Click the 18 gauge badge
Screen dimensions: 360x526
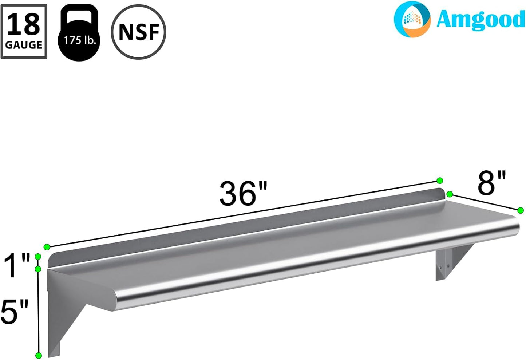click(x=24, y=31)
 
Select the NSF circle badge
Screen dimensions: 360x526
click(x=139, y=32)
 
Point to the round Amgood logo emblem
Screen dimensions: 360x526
click(x=412, y=19)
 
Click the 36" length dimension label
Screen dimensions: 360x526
click(x=243, y=193)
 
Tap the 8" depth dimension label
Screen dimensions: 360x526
click(x=491, y=183)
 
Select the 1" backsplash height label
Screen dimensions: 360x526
click(x=17, y=266)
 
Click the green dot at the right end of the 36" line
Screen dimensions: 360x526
click(x=439, y=181)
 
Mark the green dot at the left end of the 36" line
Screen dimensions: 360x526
click(x=47, y=247)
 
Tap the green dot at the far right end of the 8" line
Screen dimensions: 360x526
click(x=521, y=210)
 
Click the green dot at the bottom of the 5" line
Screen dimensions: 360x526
click(x=38, y=355)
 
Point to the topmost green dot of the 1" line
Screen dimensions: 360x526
click(x=37, y=257)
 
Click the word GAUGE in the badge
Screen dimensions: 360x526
click(x=24, y=45)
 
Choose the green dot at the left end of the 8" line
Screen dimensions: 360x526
click(x=450, y=194)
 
